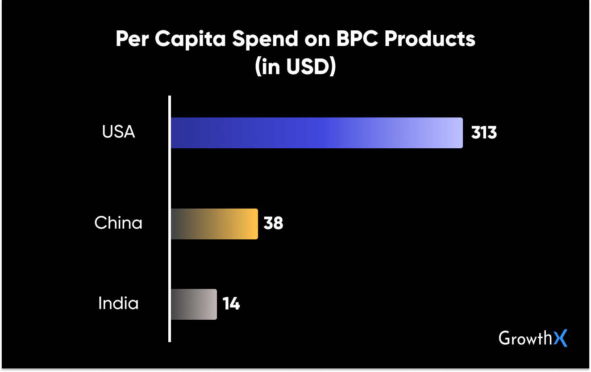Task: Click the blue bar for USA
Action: pyautogui.click(x=316, y=133)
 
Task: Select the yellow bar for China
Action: pyautogui.click(x=214, y=224)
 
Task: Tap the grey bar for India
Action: pyautogui.click(x=194, y=304)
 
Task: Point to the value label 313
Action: pyautogui.click(x=484, y=133)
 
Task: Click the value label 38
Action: pyautogui.click(x=273, y=223)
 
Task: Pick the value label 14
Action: pyautogui.click(x=231, y=304)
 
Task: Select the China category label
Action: pyautogui.click(x=118, y=223)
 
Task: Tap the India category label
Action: pyautogui.click(x=118, y=304)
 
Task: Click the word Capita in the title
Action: pyautogui.click(x=191, y=40)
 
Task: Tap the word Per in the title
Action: pyautogui.click(x=132, y=40)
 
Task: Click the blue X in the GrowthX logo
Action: pyautogui.click(x=561, y=338)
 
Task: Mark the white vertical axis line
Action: pyautogui.click(x=170, y=219)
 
